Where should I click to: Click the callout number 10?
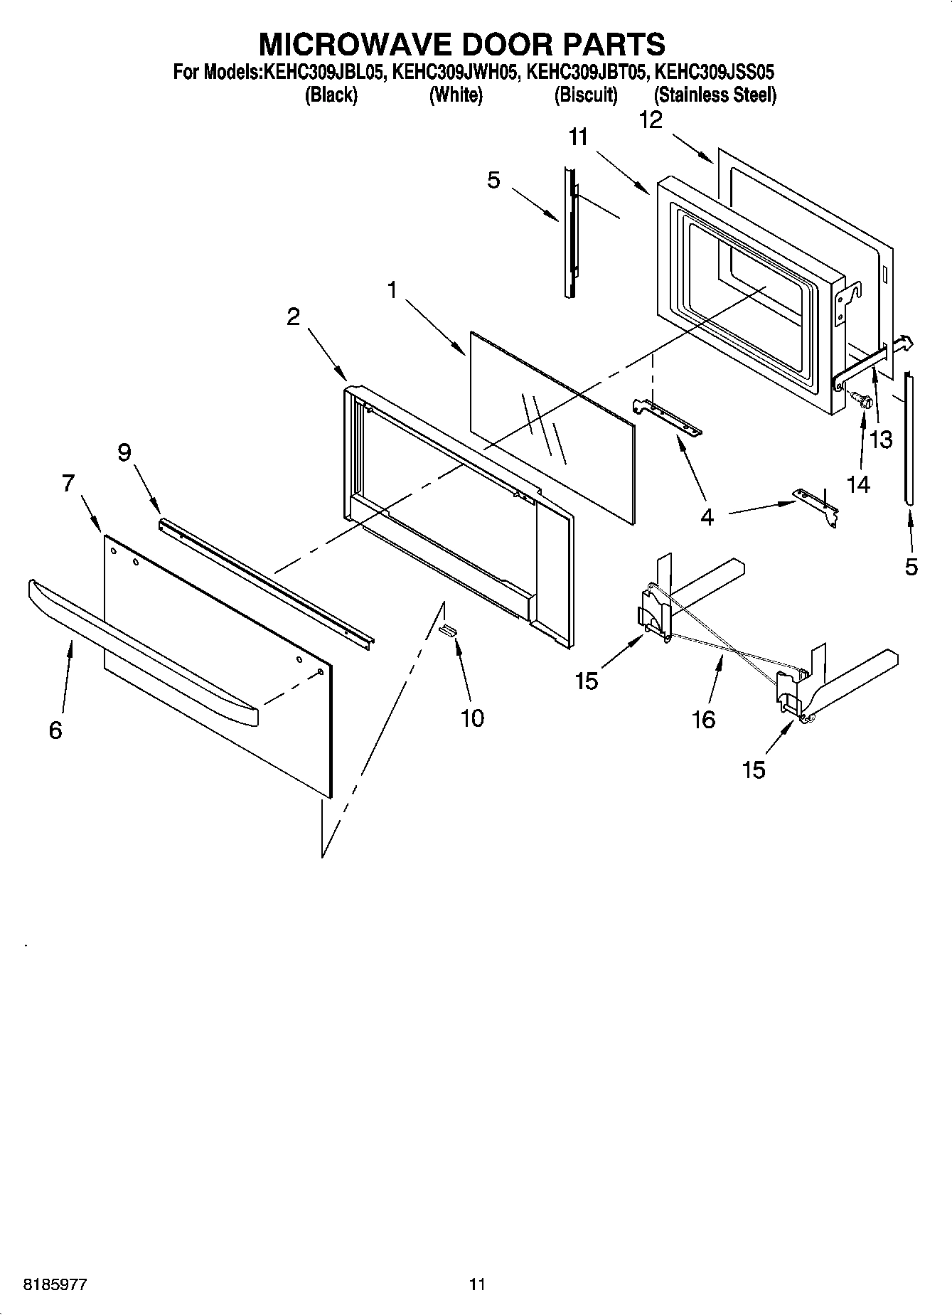[x=471, y=718]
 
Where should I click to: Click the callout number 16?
[x=703, y=720]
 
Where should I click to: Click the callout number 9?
[x=124, y=452]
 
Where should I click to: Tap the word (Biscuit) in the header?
[x=586, y=95]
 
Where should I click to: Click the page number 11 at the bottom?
[x=476, y=1284]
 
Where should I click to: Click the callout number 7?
[x=68, y=484]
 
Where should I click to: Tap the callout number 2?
[x=293, y=317]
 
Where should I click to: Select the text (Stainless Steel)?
[x=715, y=95]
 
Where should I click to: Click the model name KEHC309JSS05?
[x=713, y=72]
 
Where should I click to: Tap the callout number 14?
[x=858, y=485]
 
